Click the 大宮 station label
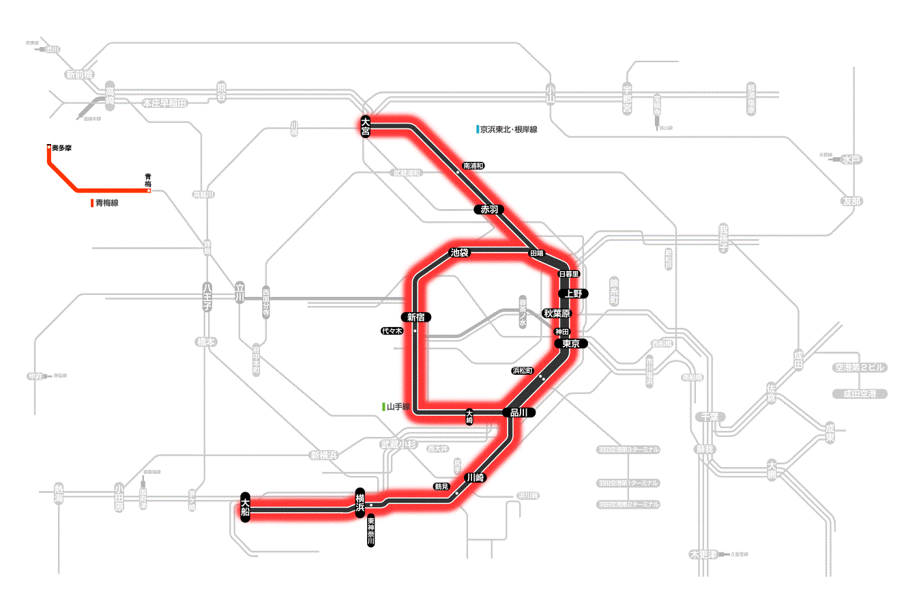366,127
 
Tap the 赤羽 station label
489,210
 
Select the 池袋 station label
460,253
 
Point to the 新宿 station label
417,317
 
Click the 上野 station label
572,294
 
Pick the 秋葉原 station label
557,313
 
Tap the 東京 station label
571,344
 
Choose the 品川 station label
519,412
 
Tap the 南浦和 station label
473,166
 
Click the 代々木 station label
392,331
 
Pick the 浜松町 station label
524,371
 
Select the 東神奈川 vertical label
370,532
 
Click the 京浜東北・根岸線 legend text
508,129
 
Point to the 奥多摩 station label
62,147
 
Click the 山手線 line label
398,407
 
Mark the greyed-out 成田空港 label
860,394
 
